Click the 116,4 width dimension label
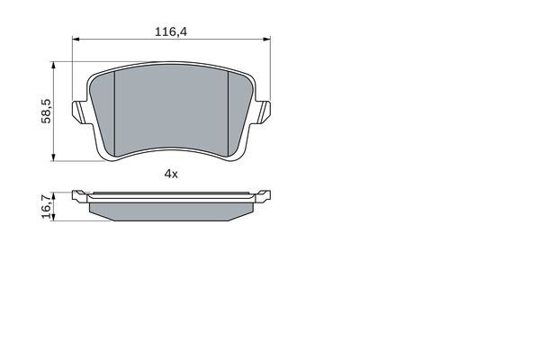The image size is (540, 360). pyautogui.click(x=171, y=32)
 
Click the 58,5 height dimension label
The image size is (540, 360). pyautogui.click(x=46, y=111)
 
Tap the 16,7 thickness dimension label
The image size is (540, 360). pyautogui.click(x=47, y=206)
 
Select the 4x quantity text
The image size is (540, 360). pyautogui.click(x=171, y=174)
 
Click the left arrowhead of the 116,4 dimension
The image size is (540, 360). pyautogui.click(x=76, y=39)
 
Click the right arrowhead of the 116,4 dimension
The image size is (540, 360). pyautogui.click(x=266, y=39)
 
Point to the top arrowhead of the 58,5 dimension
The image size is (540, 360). pyautogui.click(x=53, y=66)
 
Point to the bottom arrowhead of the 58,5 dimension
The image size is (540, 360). pyautogui.click(x=53, y=157)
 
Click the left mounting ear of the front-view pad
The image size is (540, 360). pyautogui.click(x=79, y=112)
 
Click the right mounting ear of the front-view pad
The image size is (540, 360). pyautogui.click(x=263, y=112)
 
